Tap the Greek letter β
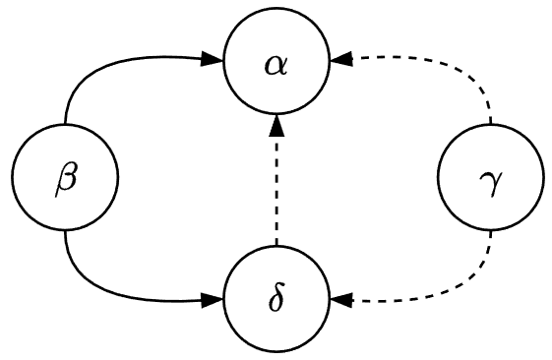coord(64,181)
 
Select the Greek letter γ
coord(489,181)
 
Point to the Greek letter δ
coord(276,297)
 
